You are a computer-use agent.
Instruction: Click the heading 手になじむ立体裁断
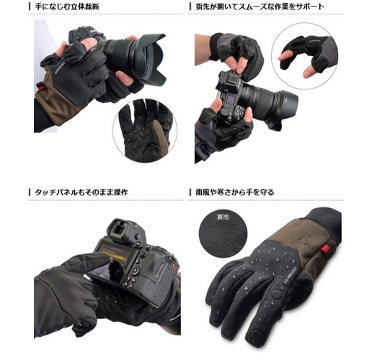click(67, 6)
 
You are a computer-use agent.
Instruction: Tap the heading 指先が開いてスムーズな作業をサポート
click(260, 6)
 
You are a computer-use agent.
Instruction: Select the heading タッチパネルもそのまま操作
click(81, 192)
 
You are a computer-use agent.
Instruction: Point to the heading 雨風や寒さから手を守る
click(235, 192)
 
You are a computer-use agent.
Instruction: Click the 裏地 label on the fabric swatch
click(223, 217)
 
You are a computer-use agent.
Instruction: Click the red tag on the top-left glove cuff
click(40, 86)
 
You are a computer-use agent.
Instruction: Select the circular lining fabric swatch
click(223, 234)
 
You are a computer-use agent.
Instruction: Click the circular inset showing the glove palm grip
click(145, 131)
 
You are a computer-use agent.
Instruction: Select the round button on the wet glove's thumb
click(276, 294)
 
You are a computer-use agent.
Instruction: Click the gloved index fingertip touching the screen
click(102, 258)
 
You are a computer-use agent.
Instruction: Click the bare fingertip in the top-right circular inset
click(284, 57)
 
